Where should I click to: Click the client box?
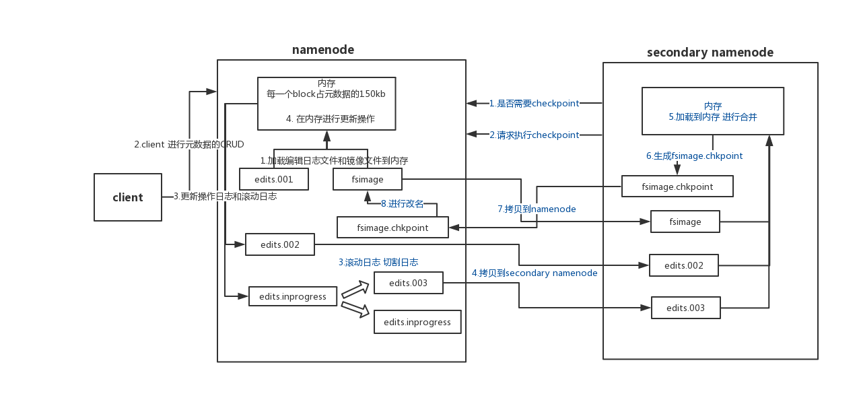coord(128,197)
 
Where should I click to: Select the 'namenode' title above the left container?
coord(322,50)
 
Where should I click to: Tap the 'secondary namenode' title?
coord(710,53)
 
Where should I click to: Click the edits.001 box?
coord(274,179)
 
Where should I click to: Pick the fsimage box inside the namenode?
coord(368,179)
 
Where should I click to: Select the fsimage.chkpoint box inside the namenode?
coord(392,228)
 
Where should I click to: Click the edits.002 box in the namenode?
coord(279,244)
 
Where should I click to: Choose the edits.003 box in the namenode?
coord(408,283)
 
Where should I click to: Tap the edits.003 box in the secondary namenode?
coord(685,308)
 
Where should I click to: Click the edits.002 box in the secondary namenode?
coord(683,265)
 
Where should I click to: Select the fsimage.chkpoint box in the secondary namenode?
coord(677,187)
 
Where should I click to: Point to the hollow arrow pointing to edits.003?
coord(355,290)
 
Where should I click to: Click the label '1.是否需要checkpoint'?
coord(534,104)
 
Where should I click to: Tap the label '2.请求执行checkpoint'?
coord(534,135)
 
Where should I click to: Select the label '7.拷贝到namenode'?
coord(537,209)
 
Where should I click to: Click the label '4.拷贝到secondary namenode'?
coord(534,273)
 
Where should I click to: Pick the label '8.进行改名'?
coord(403,203)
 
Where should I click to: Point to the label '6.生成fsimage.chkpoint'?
coord(694,156)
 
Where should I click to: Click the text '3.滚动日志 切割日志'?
coord(378,263)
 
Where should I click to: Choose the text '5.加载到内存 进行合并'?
coord(712,117)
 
